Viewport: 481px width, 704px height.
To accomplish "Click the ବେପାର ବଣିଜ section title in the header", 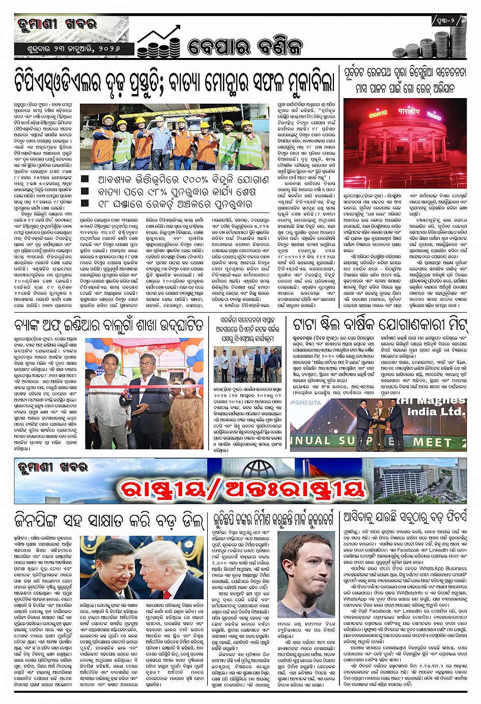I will tap(245, 46).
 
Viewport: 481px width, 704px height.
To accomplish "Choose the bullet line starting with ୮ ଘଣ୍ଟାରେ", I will tap(175, 204).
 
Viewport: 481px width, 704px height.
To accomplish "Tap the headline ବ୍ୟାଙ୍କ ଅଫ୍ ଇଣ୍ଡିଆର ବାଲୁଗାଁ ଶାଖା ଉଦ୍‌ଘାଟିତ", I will tap(109, 325).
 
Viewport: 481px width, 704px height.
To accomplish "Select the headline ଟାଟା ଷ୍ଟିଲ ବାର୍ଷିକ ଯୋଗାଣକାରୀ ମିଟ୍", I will tap(379, 324).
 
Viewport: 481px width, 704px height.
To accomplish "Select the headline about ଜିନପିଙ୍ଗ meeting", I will tap(109, 519).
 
